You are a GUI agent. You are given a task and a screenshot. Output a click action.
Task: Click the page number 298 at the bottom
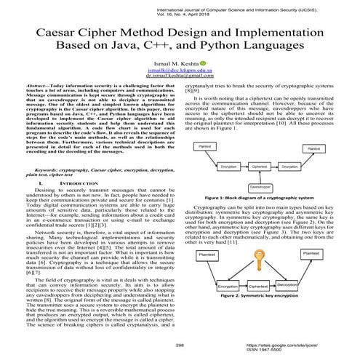[x=180, y=346]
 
